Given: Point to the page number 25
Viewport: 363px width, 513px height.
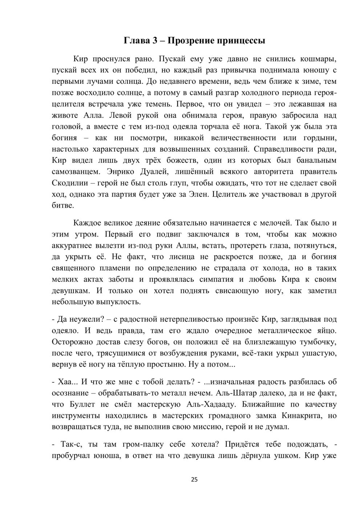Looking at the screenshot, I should [x=194, y=480].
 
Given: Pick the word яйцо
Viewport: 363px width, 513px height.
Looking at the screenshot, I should [x=326, y=331].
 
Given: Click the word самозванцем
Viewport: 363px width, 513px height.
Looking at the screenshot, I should [x=75, y=172].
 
